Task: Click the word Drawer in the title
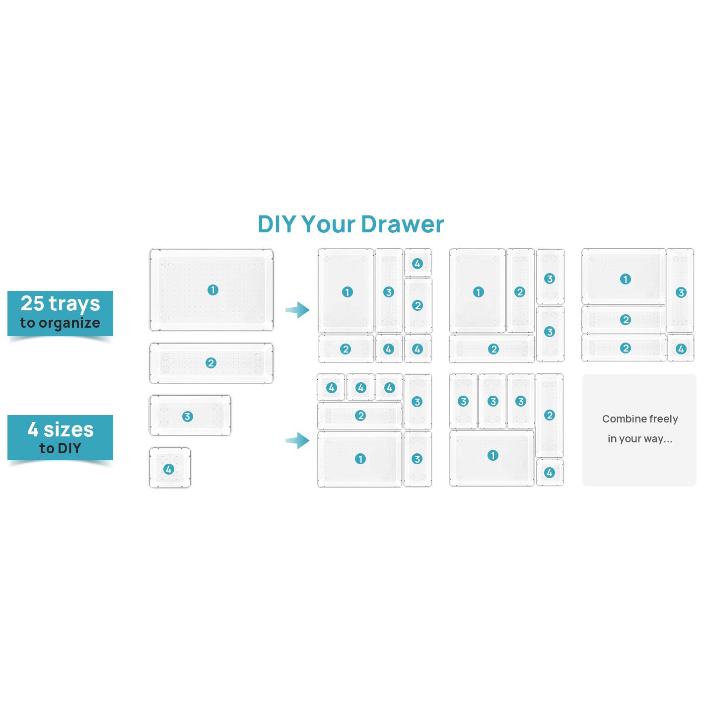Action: [x=402, y=224]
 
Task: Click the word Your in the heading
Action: [x=330, y=224]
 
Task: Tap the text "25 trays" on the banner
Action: [x=60, y=303]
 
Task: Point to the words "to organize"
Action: [x=60, y=323]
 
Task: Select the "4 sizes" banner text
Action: [x=60, y=429]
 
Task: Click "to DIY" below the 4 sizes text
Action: [x=60, y=448]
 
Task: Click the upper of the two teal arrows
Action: [x=297, y=310]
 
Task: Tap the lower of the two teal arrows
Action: [x=297, y=440]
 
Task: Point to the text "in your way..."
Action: [x=639, y=439]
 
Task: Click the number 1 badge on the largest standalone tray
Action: [x=212, y=290]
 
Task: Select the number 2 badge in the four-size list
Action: [x=211, y=363]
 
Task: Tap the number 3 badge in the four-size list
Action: [x=187, y=416]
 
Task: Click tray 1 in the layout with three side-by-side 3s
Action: [x=492, y=455]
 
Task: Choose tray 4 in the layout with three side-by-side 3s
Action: [x=549, y=473]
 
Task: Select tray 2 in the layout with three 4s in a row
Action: [x=360, y=416]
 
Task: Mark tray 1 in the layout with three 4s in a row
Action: [x=360, y=459]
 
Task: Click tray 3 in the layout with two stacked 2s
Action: [x=681, y=292]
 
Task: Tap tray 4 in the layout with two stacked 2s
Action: [x=681, y=349]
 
